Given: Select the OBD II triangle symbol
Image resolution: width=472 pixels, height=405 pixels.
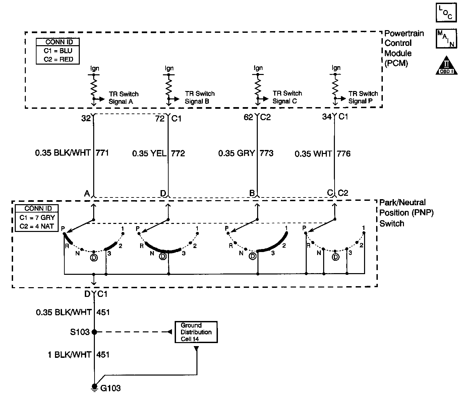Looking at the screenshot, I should coord(447,66).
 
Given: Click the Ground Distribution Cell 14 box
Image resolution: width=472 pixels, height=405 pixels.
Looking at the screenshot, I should coord(196,332).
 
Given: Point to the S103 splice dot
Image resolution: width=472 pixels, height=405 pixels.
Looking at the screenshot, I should coord(95,332).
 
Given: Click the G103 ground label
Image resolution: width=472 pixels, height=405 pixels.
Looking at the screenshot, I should coord(110,388).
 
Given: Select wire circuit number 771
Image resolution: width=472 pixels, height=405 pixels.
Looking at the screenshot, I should coord(102,153).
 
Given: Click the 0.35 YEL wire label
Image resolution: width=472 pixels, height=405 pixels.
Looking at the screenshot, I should coord(149,154).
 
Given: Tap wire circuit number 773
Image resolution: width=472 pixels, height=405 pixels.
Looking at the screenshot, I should coord(267,153).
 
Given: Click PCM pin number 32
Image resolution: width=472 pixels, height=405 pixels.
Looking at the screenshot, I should coord(86,118).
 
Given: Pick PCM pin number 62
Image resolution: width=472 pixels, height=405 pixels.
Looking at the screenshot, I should coord(249,117).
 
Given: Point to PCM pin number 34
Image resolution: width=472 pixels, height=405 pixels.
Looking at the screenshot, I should coord(327,117).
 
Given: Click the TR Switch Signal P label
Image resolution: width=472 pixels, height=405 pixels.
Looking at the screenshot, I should coord(363,97).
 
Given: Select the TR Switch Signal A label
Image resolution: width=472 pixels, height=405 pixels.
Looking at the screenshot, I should coord(123,98).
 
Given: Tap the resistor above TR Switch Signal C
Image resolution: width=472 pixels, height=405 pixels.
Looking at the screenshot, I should coord(257,86).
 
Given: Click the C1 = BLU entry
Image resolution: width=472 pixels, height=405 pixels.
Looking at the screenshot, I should coord(58,51).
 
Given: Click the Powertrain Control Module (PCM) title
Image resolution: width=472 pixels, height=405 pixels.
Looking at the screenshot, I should coord(403,48).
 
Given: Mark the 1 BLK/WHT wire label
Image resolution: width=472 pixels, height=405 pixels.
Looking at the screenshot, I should coord(69,354).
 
